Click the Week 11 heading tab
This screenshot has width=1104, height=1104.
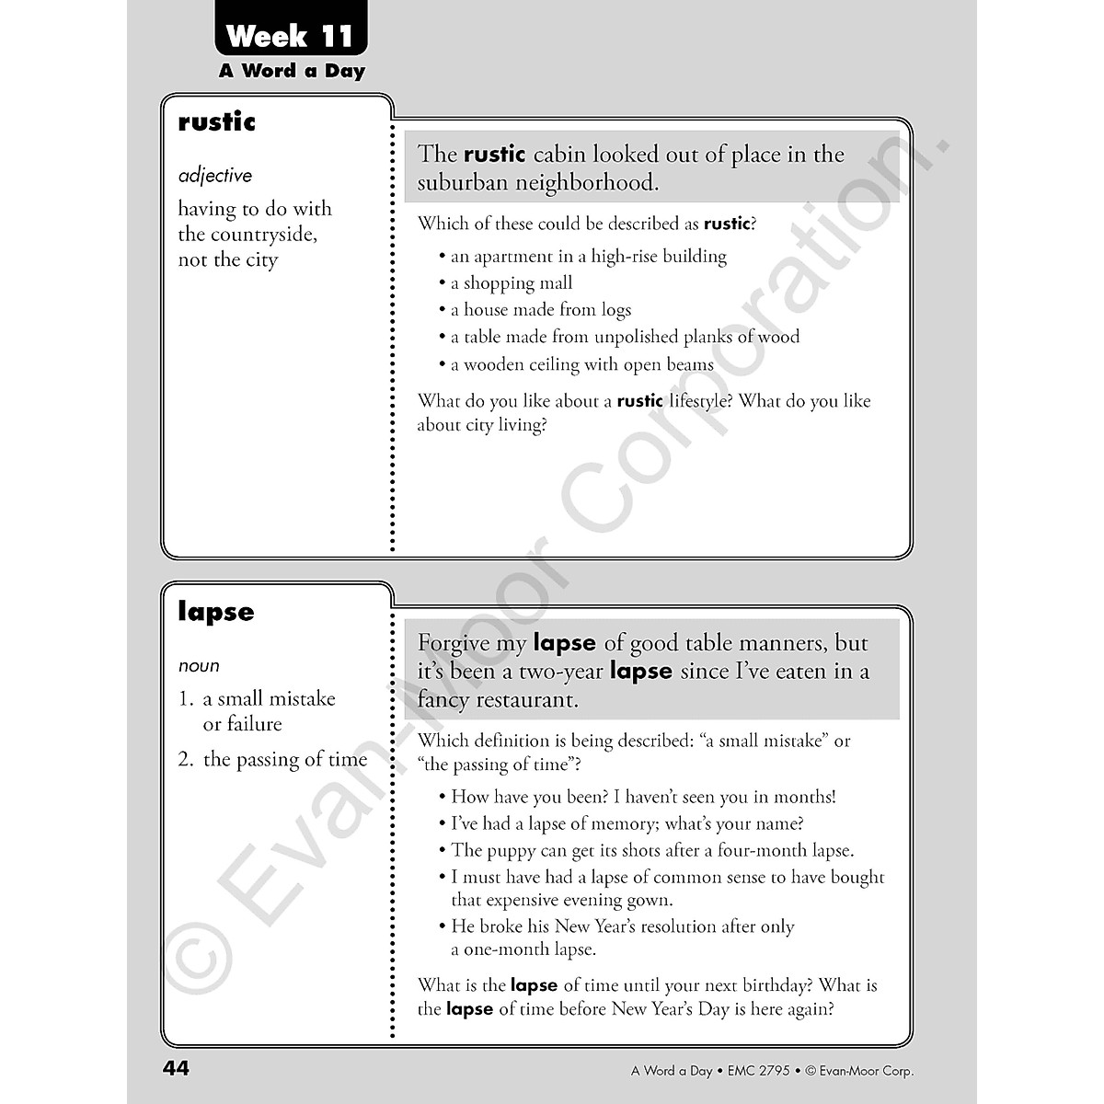(290, 37)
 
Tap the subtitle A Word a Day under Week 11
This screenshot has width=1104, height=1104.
(292, 71)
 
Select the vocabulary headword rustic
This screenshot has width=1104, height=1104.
(217, 122)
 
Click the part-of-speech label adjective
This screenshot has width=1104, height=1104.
(215, 176)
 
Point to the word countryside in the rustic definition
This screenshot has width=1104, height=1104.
(259, 235)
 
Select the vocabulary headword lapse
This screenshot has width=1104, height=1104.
(216, 613)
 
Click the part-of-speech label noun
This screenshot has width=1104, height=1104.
(199, 666)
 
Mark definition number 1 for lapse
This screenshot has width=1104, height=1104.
(186, 699)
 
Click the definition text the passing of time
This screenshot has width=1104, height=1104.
(285, 759)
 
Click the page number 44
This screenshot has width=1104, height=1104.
(176, 1068)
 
